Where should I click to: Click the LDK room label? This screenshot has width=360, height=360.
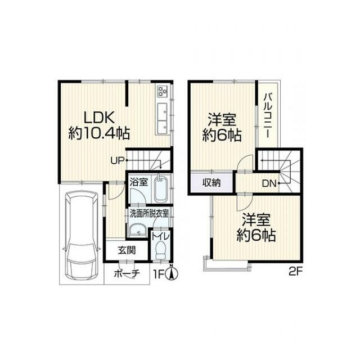(100, 118)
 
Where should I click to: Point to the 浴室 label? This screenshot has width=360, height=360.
(139, 182)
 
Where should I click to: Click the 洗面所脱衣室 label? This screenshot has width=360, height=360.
(150, 214)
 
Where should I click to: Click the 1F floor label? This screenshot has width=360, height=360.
(161, 274)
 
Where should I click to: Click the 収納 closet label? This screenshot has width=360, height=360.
(212, 182)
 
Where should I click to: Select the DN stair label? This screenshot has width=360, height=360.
(269, 182)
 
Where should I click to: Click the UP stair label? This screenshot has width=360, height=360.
(116, 160)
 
